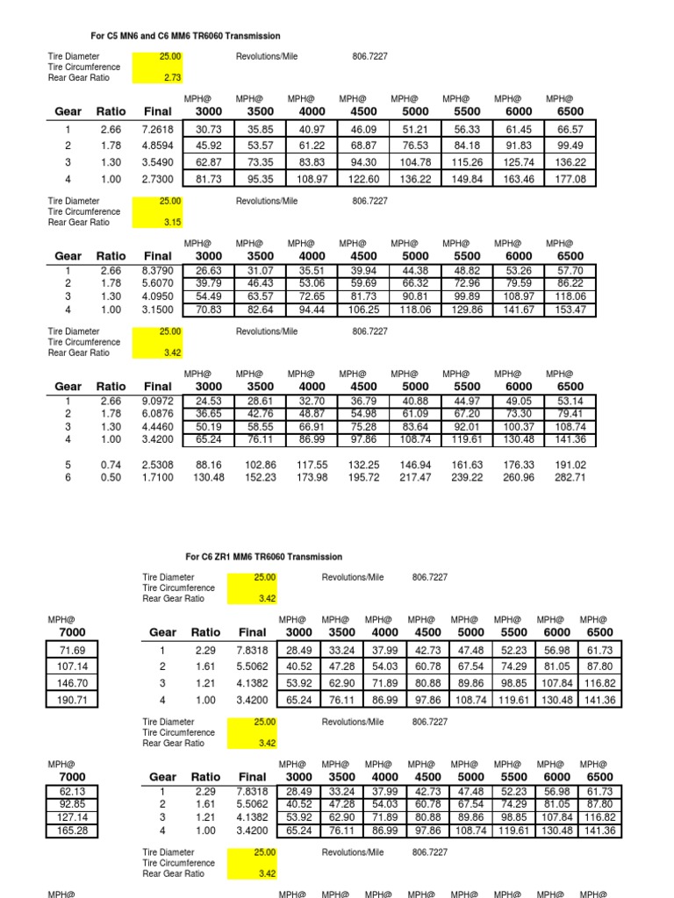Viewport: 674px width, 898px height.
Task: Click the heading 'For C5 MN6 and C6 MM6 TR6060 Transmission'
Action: coord(186,36)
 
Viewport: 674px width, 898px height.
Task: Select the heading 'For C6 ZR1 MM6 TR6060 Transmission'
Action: coord(264,557)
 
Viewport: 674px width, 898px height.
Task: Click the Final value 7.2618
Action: coord(158,129)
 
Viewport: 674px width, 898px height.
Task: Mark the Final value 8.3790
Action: coord(158,270)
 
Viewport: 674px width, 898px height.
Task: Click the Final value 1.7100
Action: coord(158,477)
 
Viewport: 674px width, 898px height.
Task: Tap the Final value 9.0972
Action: coord(158,401)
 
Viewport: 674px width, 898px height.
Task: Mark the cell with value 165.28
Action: coord(72,830)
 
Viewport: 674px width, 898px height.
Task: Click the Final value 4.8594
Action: coord(158,146)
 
